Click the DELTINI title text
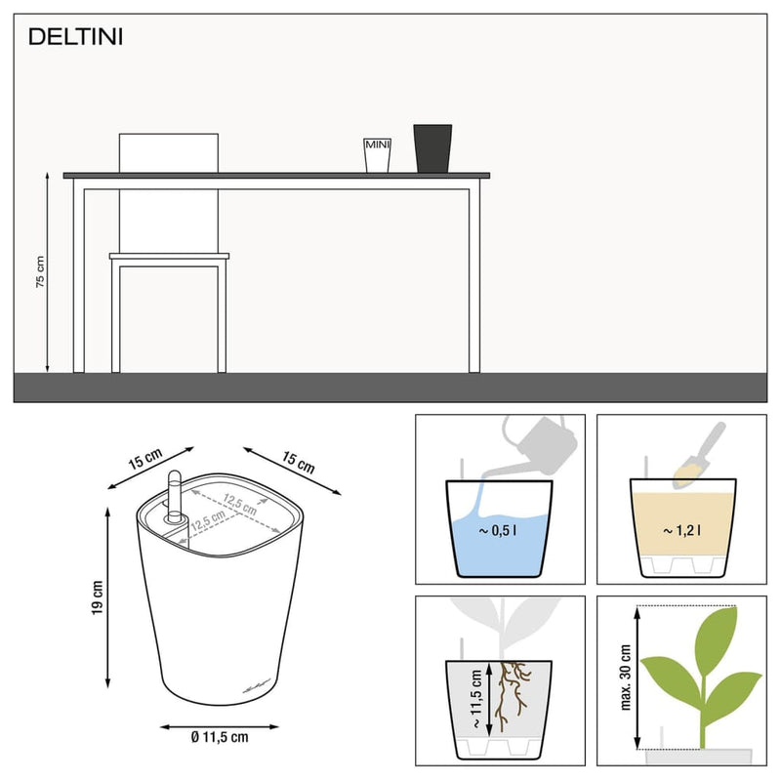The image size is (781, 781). point(74,38)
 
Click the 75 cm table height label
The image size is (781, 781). point(40,270)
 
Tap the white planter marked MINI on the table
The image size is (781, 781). point(377,155)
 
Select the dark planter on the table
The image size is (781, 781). point(432,148)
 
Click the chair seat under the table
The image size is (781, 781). point(169,257)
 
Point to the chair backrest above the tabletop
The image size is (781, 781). point(168,152)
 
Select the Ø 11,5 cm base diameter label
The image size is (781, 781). point(220,738)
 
